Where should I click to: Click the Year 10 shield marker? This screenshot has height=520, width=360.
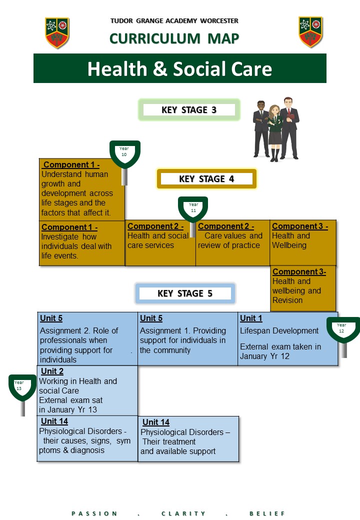(124, 154)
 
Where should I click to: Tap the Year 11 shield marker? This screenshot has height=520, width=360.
(193, 209)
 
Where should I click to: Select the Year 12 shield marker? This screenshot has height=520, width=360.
(343, 329)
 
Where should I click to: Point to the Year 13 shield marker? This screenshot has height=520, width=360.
(22, 387)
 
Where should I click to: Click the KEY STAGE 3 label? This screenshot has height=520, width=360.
(189, 110)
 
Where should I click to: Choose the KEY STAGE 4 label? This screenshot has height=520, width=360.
(206, 179)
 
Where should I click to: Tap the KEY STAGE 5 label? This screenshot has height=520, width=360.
(185, 293)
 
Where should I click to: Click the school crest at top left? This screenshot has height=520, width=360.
(57, 33)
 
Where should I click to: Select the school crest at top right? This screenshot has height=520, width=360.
(310, 32)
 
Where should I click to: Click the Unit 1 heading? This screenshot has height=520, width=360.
(251, 318)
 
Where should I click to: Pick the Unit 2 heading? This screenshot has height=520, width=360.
(52, 371)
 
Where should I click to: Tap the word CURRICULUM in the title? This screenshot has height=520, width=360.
(155, 39)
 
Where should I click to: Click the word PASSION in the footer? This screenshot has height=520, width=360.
(94, 513)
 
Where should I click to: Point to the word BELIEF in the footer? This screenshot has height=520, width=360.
(267, 513)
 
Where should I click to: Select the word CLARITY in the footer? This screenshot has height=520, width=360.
(183, 513)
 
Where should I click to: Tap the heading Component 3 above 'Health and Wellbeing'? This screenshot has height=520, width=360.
(300, 226)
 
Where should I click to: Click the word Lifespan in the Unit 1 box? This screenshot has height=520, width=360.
(254, 331)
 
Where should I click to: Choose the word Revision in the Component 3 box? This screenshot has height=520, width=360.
(287, 300)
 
